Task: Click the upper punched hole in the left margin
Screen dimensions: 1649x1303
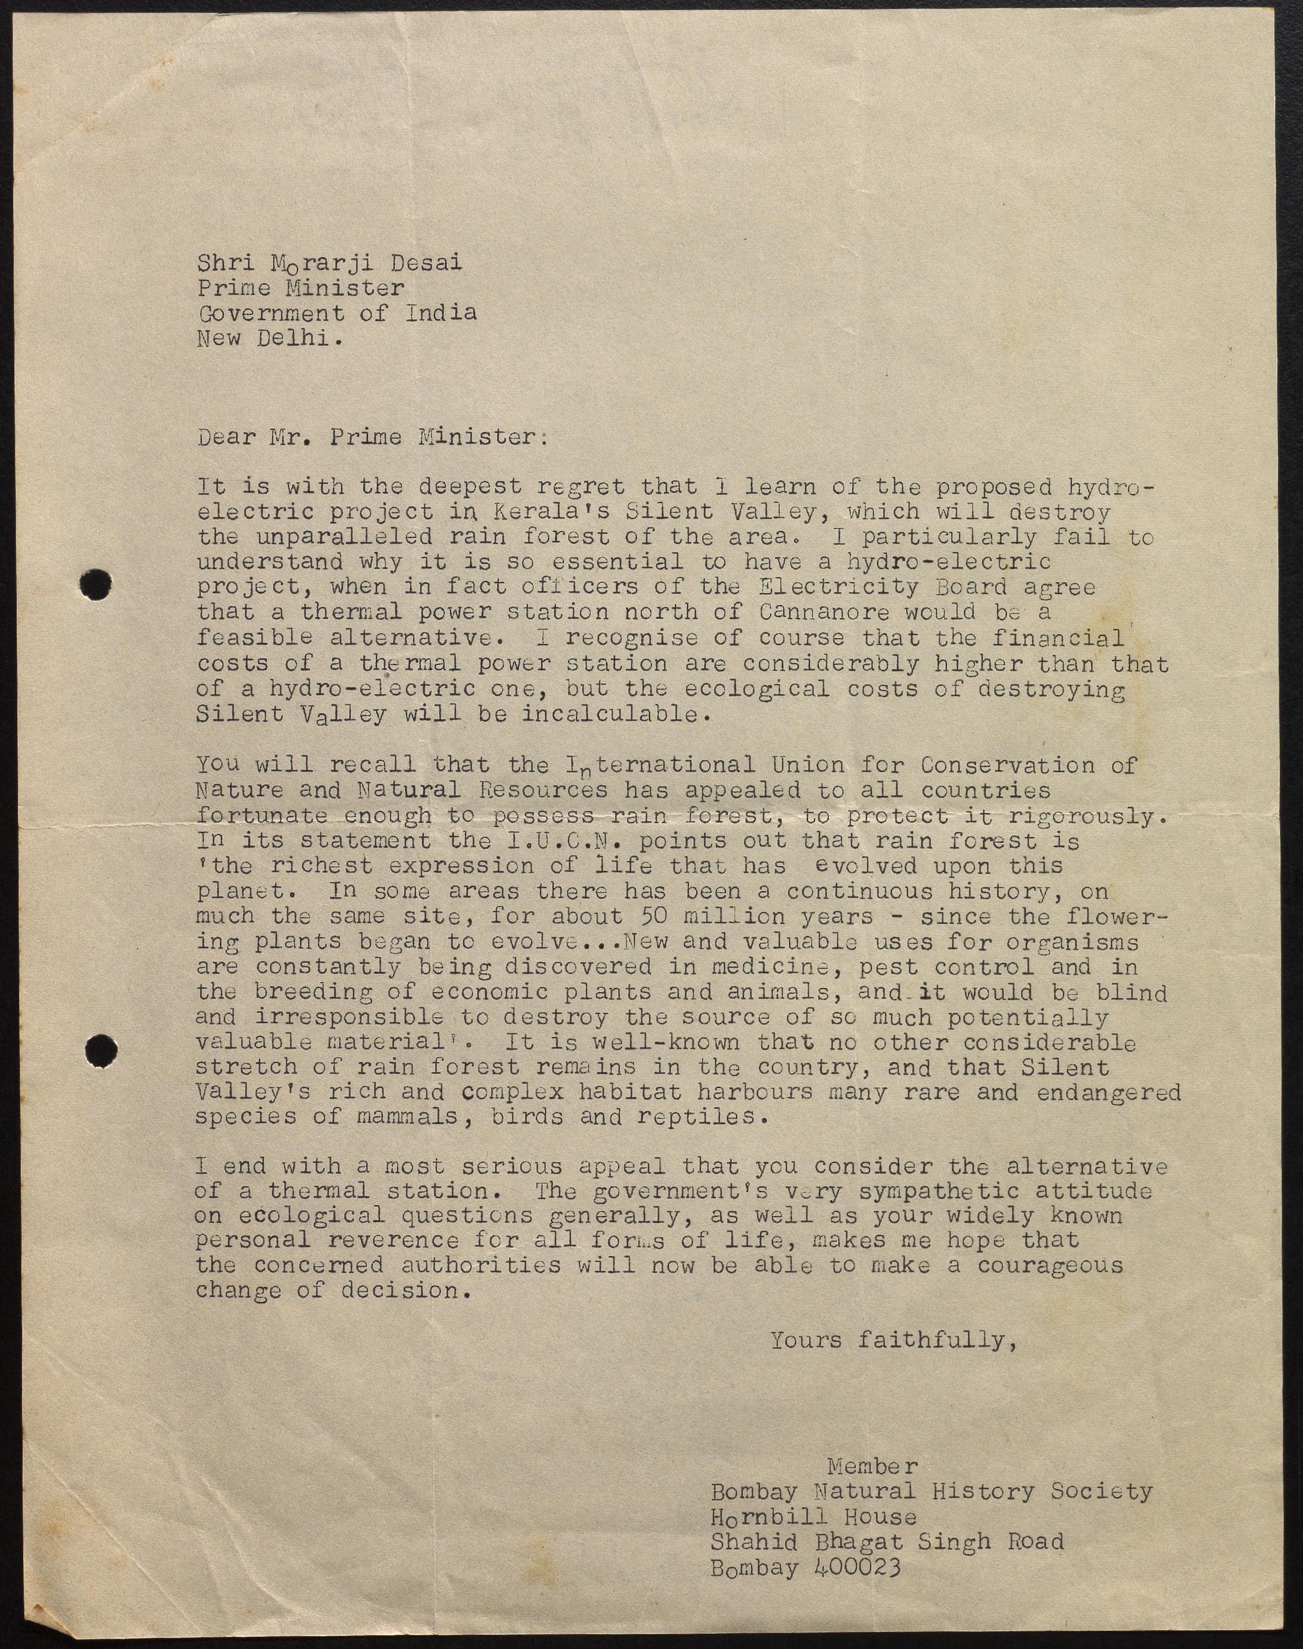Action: [96, 584]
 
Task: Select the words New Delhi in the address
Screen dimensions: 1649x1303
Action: [268, 338]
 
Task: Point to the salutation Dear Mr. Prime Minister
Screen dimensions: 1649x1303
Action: [372, 437]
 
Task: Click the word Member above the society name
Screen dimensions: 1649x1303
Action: [873, 1466]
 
